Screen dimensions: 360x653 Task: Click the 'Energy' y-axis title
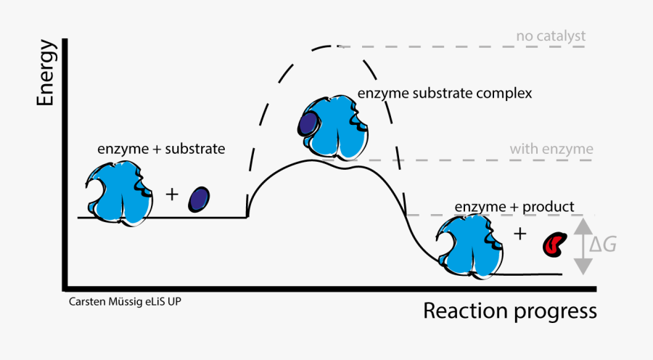click(x=46, y=74)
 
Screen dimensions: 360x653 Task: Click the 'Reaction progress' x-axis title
click(x=509, y=311)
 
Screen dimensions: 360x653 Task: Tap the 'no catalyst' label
click(x=551, y=35)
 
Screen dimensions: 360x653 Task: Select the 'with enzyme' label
click(x=551, y=150)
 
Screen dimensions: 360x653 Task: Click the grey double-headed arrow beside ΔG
click(x=583, y=247)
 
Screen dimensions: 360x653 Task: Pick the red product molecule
click(x=554, y=244)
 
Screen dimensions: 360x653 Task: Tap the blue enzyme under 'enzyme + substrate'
click(x=120, y=193)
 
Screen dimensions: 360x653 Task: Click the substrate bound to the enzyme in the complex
click(x=307, y=123)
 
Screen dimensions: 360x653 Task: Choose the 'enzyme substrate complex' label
click(x=445, y=94)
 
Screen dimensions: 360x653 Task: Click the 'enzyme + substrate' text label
click(x=161, y=149)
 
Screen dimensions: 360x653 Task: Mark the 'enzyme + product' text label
click(x=514, y=207)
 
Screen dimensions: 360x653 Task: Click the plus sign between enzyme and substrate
click(x=172, y=195)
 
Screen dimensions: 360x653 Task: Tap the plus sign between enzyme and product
click(x=519, y=234)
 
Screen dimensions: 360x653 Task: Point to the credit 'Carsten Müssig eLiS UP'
click(x=125, y=300)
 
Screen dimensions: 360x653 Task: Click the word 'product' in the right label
click(x=549, y=207)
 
